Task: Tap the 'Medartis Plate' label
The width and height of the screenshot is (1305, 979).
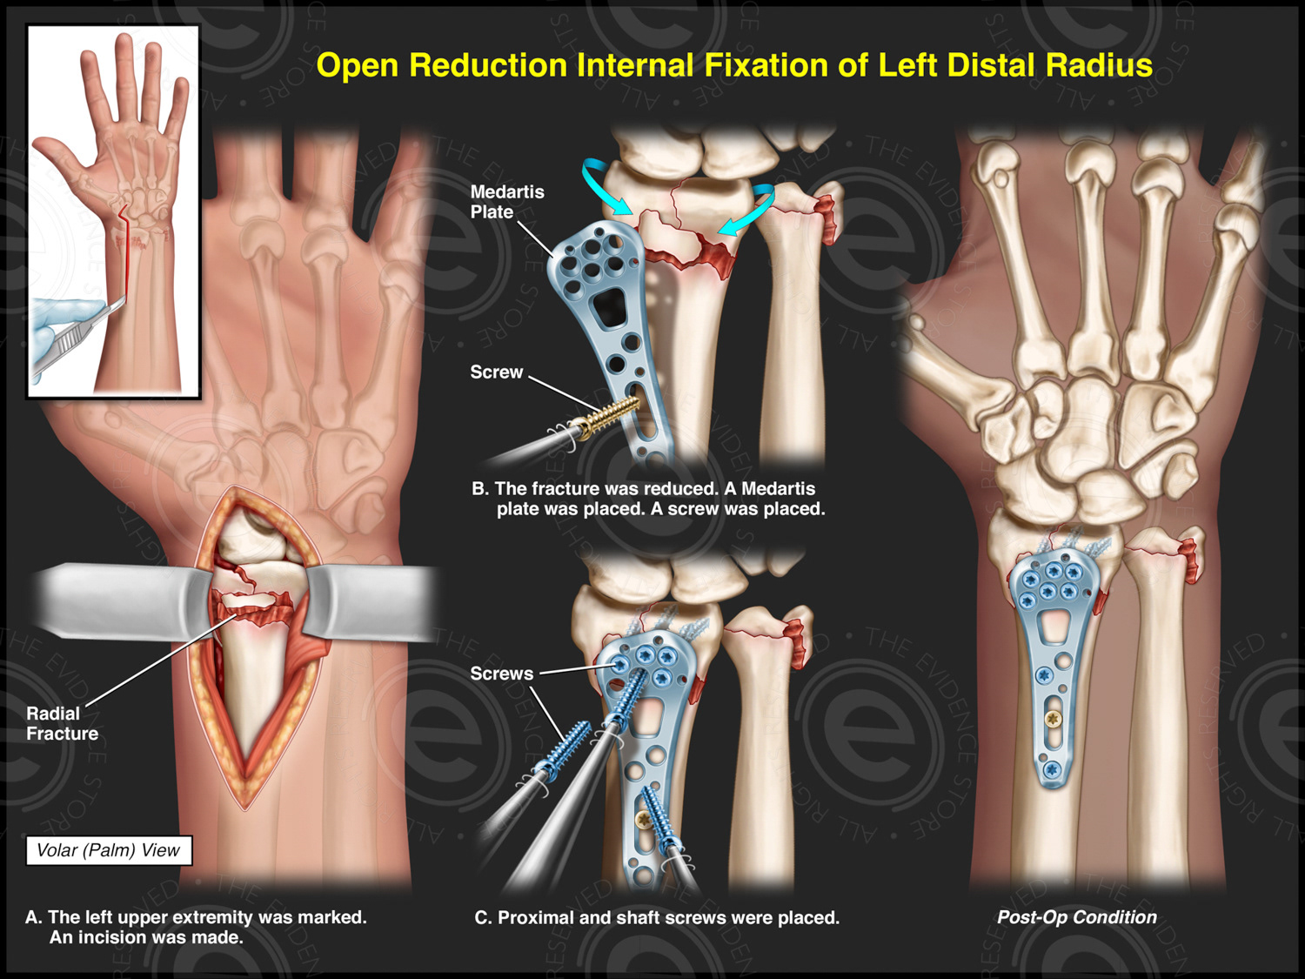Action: click(x=506, y=202)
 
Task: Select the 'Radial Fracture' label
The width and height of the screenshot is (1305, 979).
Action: click(x=61, y=723)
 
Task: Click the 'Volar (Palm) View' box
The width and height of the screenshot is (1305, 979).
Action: click(x=108, y=850)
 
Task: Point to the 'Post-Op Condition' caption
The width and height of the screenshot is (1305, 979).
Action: click(x=1076, y=917)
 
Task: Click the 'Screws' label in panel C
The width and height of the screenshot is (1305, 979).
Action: click(x=501, y=674)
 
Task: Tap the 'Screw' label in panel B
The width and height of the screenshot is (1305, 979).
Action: click(x=496, y=372)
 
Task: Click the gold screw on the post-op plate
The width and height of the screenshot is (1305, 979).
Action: click(x=1054, y=720)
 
